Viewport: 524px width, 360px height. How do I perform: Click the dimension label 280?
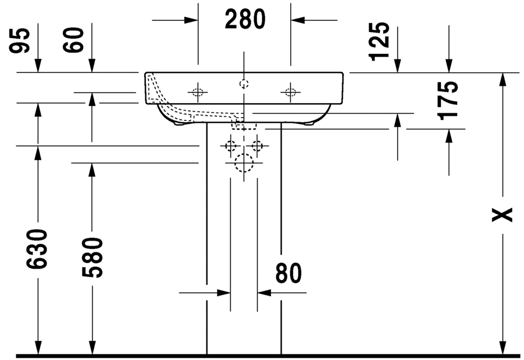tap(245, 20)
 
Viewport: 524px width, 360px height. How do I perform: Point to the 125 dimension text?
tap(380, 40)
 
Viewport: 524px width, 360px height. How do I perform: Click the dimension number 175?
tap(448, 100)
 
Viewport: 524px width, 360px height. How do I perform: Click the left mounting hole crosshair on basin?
tap(197, 91)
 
